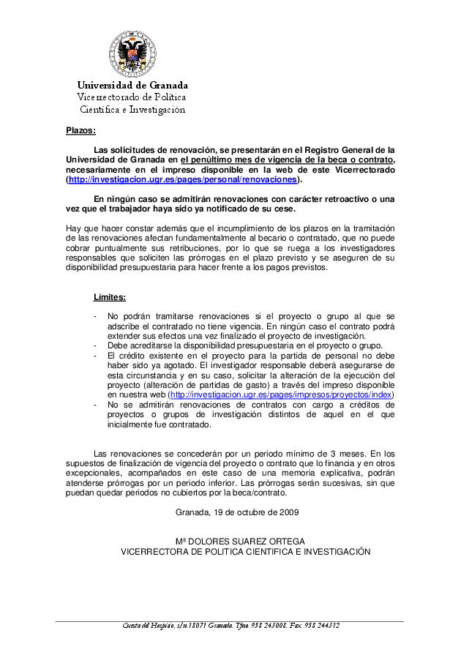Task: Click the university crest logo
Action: click(x=132, y=55)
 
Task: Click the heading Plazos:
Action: click(x=80, y=132)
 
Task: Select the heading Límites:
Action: click(x=110, y=297)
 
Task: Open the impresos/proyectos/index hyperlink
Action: click(x=282, y=394)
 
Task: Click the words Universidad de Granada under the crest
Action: click(x=132, y=85)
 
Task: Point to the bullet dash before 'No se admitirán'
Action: click(x=96, y=404)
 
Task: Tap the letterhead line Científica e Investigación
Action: click(x=132, y=109)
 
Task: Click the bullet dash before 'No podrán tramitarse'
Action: click(x=96, y=316)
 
